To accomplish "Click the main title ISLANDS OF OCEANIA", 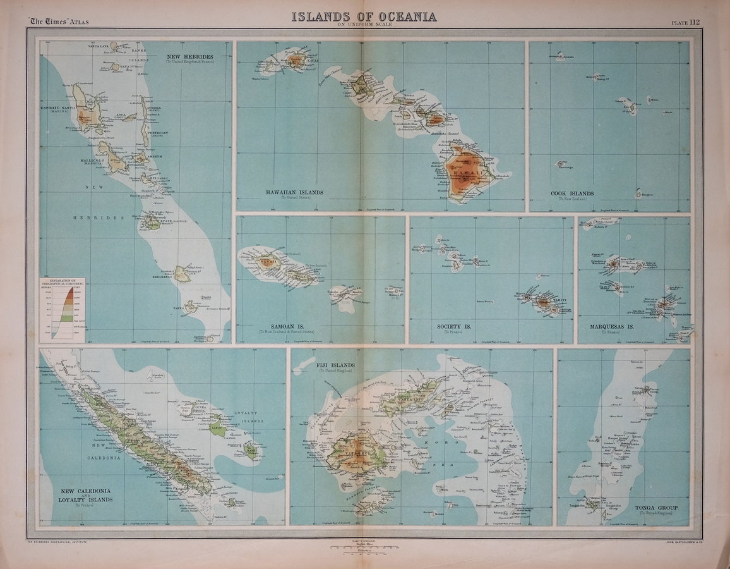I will [x=364, y=16].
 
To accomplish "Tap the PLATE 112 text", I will [x=685, y=22].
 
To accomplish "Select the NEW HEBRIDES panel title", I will [x=189, y=57].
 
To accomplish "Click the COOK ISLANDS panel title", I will [x=572, y=193].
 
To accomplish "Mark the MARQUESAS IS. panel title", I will [x=604, y=326].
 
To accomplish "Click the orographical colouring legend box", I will [x=62, y=310].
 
